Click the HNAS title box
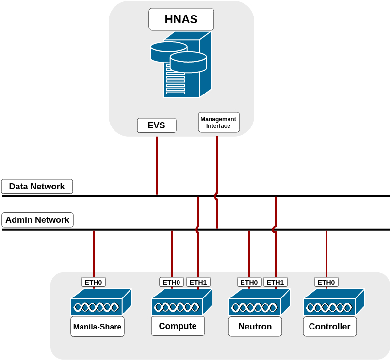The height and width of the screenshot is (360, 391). [x=181, y=19]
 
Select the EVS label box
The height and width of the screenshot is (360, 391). [x=156, y=125]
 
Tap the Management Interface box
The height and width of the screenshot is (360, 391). [x=219, y=123]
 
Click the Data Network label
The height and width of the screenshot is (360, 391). [x=37, y=187]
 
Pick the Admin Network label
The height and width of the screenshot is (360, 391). [x=37, y=220]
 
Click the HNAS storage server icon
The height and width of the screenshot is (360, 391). [x=181, y=65]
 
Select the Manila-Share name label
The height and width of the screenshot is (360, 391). [x=97, y=327]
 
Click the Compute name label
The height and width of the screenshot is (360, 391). [x=178, y=326]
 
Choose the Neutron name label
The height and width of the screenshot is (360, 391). [x=255, y=327]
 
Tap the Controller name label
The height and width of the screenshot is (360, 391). [x=329, y=327]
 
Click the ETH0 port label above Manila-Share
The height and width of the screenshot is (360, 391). [x=93, y=282]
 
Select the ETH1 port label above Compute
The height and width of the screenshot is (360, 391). [x=198, y=282]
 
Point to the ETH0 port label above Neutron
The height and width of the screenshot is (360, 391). [x=249, y=282]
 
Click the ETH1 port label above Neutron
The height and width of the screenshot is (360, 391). [x=275, y=282]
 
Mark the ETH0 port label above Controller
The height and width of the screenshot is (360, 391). [x=326, y=282]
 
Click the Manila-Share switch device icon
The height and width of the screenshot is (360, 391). [x=101, y=302]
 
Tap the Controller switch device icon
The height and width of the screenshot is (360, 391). [x=333, y=303]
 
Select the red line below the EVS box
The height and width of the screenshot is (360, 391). [x=157, y=165]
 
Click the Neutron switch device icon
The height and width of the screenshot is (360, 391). [x=259, y=303]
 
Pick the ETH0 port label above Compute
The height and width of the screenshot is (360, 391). [x=171, y=282]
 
